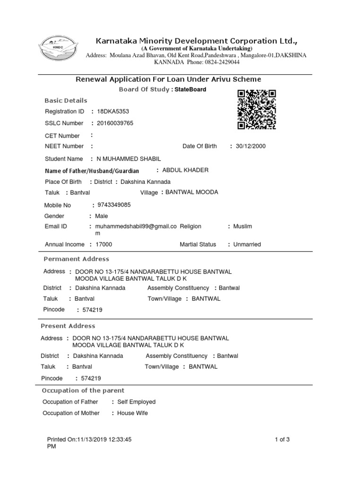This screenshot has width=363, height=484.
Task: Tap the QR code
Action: [257, 110]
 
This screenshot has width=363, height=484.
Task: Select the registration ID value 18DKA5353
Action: [113, 112]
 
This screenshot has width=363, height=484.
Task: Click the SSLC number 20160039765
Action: [115, 123]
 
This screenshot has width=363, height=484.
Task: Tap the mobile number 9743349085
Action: [114, 205]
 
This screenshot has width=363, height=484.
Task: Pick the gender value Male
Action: [102, 216]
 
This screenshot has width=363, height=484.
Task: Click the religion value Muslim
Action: [242, 226]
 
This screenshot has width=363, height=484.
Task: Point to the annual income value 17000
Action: [104, 244]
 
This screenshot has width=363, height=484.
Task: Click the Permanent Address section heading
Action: [76, 259]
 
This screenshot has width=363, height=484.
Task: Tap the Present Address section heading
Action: [68, 326]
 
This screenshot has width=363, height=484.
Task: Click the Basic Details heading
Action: [66, 101]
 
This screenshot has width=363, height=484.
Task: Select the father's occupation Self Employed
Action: [136, 402]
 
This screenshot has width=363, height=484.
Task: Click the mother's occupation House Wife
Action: [132, 413]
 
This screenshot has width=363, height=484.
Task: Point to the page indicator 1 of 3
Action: [282, 440]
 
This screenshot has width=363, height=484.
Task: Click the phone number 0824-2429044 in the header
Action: [222, 62]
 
